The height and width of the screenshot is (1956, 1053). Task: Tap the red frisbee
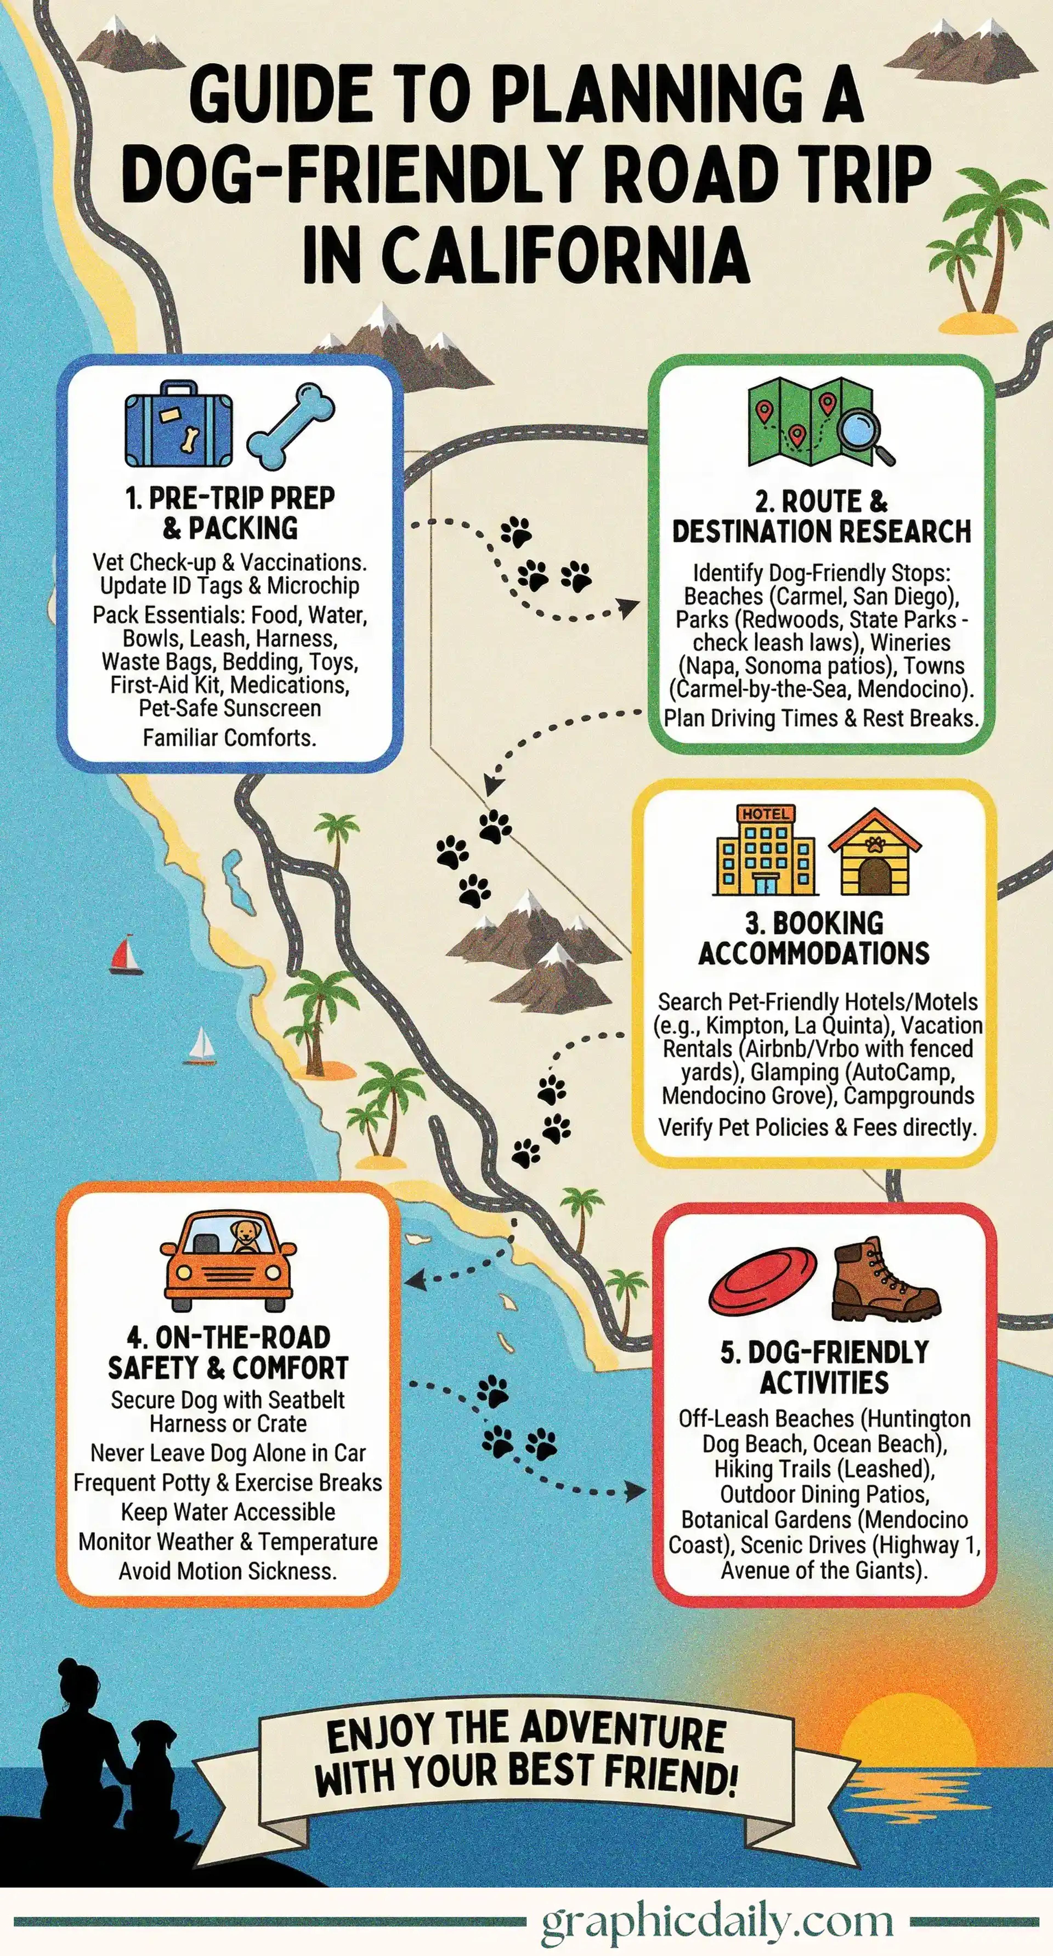click(763, 1280)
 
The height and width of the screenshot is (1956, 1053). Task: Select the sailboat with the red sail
click(125, 955)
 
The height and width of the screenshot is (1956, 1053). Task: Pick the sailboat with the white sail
click(202, 1045)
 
